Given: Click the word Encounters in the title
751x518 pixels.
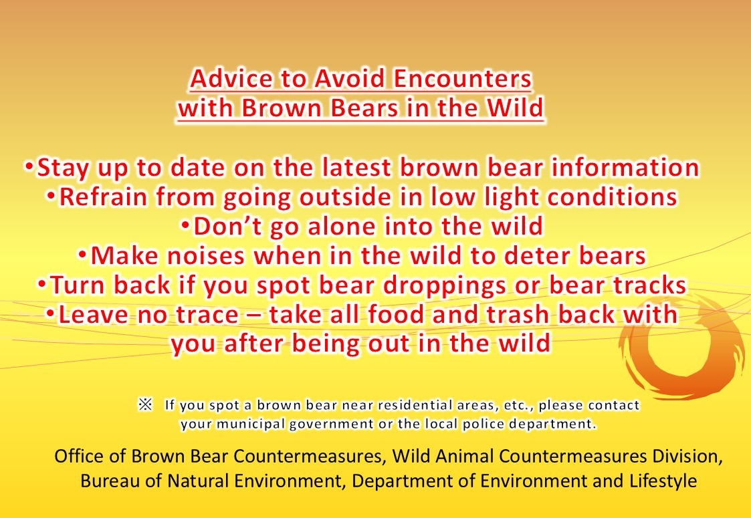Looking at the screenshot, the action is point(462,78).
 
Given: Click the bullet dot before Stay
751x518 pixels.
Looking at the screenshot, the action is point(29,167).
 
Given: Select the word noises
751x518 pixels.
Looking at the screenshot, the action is point(205,255).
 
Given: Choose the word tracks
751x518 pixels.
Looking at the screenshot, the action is point(649,285).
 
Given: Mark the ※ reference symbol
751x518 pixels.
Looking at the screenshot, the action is point(145,404).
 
